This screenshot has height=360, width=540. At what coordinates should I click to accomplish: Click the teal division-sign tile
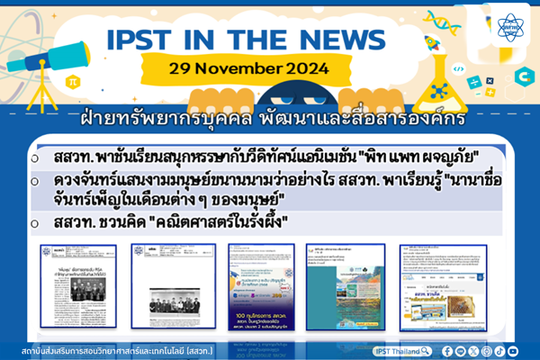(x=490, y=93)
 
